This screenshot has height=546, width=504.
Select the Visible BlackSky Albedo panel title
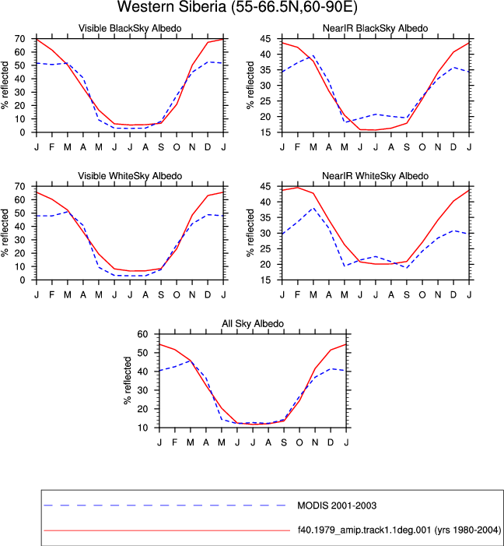(x=130, y=28)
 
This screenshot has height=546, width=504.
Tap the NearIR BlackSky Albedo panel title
(x=376, y=28)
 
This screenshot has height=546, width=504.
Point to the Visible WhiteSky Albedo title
(x=130, y=176)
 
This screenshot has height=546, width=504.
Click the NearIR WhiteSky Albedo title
(x=376, y=176)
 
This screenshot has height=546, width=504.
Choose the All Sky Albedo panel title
(x=253, y=323)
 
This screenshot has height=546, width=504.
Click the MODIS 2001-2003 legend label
(x=337, y=505)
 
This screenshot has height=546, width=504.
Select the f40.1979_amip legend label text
(x=399, y=530)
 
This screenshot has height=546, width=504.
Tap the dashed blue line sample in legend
(x=165, y=505)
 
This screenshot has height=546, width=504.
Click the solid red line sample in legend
(x=167, y=530)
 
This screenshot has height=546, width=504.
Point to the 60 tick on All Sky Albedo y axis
(x=142, y=334)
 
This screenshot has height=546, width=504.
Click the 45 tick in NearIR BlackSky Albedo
(x=265, y=39)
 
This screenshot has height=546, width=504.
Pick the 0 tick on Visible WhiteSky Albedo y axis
(x=23, y=280)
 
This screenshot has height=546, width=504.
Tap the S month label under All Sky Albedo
(x=284, y=442)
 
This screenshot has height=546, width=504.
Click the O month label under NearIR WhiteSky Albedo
(x=422, y=295)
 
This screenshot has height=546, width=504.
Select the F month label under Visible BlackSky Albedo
(x=52, y=147)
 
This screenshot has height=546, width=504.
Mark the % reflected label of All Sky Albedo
(x=128, y=381)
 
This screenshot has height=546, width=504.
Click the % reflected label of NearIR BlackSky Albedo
(x=250, y=86)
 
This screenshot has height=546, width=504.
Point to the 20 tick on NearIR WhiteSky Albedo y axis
(x=265, y=265)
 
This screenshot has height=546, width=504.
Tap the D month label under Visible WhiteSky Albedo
(x=208, y=295)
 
